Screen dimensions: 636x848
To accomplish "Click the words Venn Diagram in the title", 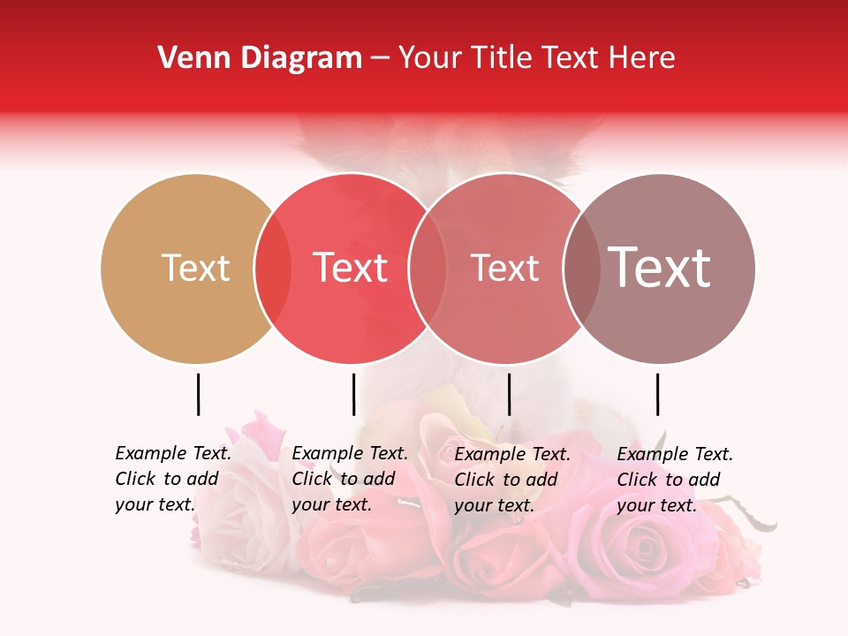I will click(260, 58).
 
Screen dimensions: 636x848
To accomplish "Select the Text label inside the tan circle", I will click(195, 268).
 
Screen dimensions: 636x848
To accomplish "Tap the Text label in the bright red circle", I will click(350, 268).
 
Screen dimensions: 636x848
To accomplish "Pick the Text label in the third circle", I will click(504, 268).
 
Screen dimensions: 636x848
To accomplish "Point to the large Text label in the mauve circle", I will click(659, 268).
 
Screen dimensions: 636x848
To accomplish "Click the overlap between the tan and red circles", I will click(273, 268).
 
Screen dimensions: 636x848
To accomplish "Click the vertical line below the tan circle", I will click(198, 394).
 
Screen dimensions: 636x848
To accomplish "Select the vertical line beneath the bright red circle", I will click(353, 394).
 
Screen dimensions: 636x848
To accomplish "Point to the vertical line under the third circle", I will click(509, 394).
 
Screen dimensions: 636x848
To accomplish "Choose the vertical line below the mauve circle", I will click(657, 394).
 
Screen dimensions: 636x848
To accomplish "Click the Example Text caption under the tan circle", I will click(173, 479).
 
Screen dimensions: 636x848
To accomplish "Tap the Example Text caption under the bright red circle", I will click(350, 479).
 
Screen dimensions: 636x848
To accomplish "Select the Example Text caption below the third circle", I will click(512, 480).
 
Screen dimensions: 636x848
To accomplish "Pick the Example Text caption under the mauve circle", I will click(675, 480).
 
